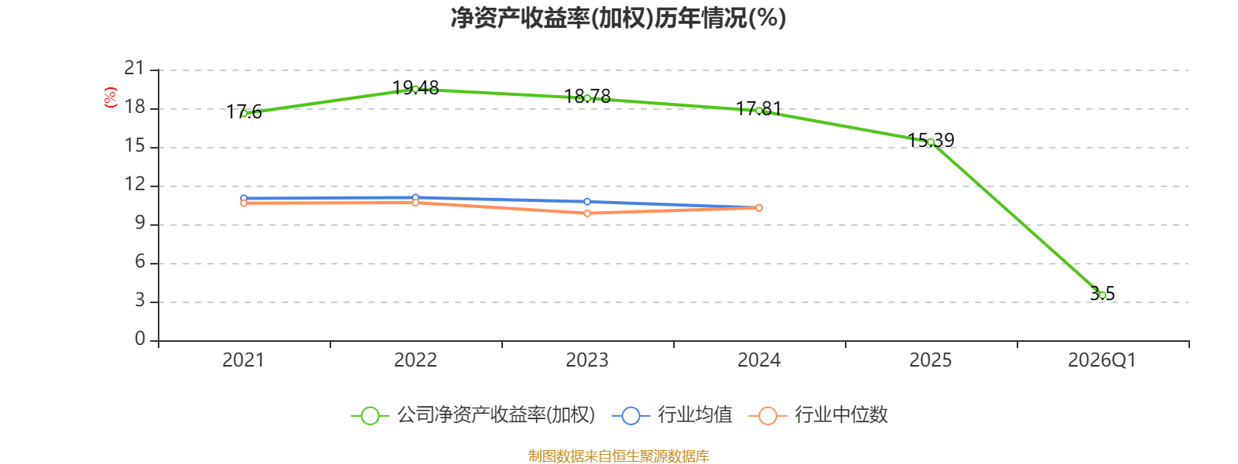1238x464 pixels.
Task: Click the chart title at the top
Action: point(618,18)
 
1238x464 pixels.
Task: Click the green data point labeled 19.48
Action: point(416,90)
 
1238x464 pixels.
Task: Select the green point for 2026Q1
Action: point(1102,295)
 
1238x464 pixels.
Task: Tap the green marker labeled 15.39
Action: point(931,142)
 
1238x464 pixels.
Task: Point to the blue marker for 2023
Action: point(587,202)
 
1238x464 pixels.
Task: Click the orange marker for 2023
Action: point(587,213)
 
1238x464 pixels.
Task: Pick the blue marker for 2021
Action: point(244,198)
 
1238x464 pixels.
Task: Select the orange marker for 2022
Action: point(416,203)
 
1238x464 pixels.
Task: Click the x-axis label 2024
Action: point(759,360)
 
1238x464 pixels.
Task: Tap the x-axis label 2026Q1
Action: point(1102,360)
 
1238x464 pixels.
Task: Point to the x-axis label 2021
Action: point(243,360)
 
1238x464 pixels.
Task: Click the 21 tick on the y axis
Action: point(135,68)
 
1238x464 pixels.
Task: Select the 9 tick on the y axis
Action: point(140,223)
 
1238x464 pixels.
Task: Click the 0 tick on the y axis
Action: point(140,339)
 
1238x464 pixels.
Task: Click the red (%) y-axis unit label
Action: point(111,97)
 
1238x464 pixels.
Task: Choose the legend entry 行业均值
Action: point(672,415)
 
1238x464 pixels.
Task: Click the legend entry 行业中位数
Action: point(819,415)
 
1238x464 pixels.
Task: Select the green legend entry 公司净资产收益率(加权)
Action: point(473,415)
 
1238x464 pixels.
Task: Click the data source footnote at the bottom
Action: point(618,455)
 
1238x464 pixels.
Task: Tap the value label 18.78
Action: point(587,97)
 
